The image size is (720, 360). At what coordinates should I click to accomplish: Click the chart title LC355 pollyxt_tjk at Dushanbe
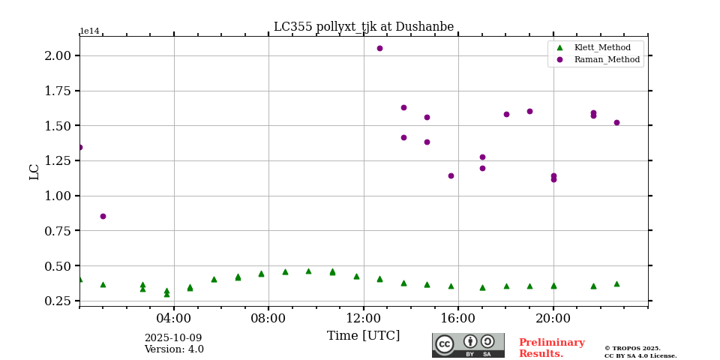point(364,27)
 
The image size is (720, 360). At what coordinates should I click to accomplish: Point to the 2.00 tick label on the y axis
point(58,55)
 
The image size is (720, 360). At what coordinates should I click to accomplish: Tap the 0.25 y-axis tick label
point(58,301)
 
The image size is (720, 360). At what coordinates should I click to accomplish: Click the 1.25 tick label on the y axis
point(58,160)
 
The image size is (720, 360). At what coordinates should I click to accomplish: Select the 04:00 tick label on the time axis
point(174,318)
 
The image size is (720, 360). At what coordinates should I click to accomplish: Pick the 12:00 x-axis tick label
point(364,318)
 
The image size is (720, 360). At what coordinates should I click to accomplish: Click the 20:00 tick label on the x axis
point(553,318)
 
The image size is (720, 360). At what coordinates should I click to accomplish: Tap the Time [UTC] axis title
point(364,336)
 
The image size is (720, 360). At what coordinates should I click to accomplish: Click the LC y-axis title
point(34,171)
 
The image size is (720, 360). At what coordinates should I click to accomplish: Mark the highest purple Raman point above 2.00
point(379,48)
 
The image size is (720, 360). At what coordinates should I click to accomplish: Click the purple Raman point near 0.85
point(103,216)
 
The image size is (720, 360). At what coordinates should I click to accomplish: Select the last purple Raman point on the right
point(616,122)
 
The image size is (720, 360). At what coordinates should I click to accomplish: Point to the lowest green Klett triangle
point(166,294)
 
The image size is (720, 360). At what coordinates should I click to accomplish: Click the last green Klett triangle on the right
point(616,283)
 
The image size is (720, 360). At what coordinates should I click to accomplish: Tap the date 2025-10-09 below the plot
point(173,338)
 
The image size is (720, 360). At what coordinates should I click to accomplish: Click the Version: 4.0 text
point(174,349)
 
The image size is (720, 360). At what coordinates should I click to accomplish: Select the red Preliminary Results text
point(551,348)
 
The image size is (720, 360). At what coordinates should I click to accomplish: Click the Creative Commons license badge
point(468,345)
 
